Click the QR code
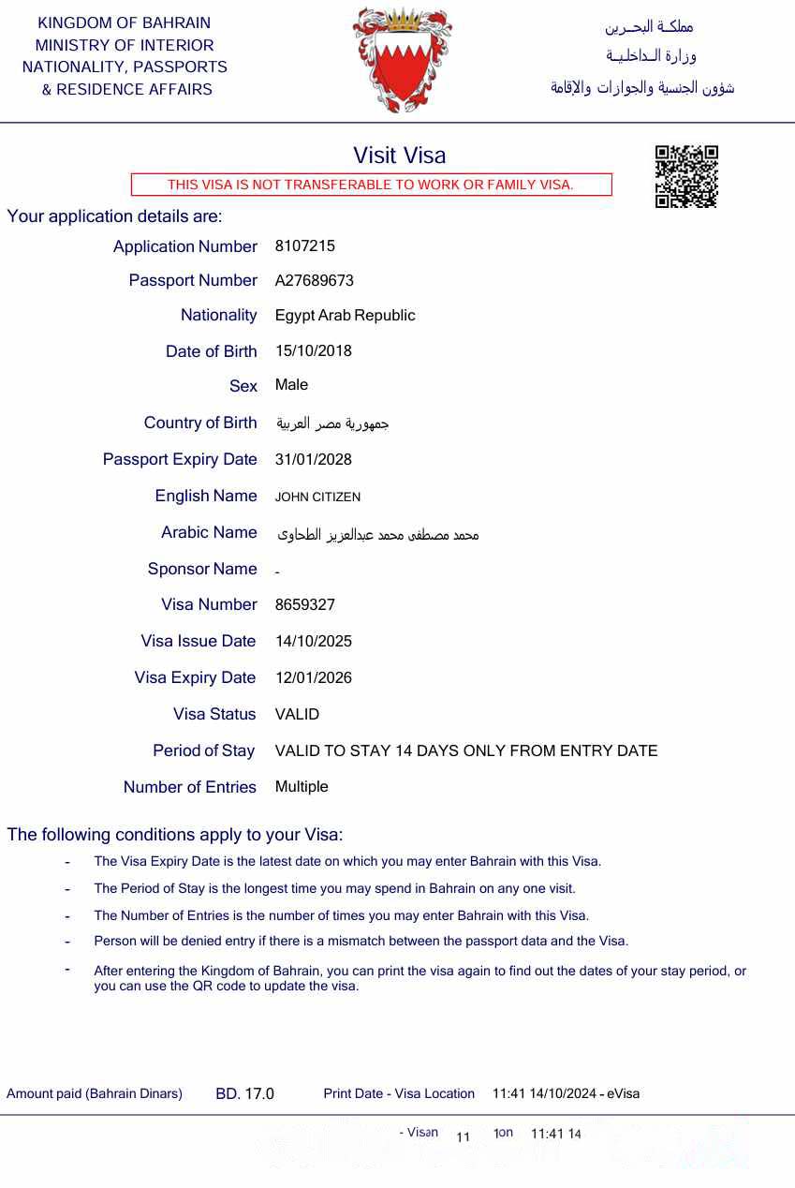(685, 176)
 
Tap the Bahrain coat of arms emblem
(402, 58)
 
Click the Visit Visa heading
(399, 156)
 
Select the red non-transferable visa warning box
(371, 185)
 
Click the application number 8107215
(304, 246)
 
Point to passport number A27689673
(314, 281)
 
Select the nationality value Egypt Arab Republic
(345, 316)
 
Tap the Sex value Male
(291, 385)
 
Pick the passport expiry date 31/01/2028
(313, 460)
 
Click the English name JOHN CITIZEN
(317, 497)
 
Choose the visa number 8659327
(304, 605)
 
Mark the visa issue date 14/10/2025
(313, 642)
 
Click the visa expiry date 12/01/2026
(313, 678)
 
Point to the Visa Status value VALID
(297, 715)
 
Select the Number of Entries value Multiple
(302, 787)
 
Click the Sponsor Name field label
(202, 569)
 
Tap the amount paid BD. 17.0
(244, 1094)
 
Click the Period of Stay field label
(204, 750)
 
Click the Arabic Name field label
(209, 532)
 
